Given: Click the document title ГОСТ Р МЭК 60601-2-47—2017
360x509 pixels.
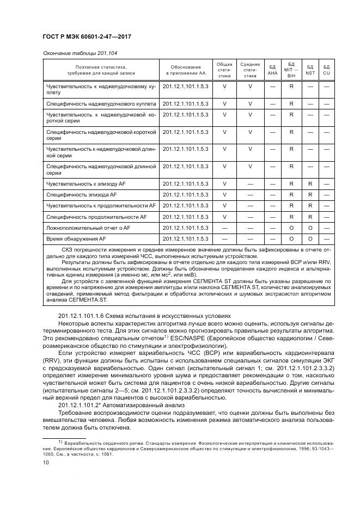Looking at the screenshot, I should (x=86, y=38).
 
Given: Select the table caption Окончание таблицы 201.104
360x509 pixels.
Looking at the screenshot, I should (x=80, y=53).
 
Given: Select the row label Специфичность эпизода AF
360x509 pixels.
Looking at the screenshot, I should (x=81, y=194).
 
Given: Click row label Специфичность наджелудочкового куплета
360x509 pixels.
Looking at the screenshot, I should (x=101, y=103).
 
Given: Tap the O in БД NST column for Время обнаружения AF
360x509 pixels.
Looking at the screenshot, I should (x=310, y=239).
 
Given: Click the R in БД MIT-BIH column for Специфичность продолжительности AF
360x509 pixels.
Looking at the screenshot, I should (x=291, y=217).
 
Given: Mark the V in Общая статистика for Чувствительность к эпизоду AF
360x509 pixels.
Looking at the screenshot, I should (x=224, y=183).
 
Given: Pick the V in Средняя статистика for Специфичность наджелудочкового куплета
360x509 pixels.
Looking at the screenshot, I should (x=250, y=103).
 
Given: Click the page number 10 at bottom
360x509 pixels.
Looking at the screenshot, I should (x=46, y=463).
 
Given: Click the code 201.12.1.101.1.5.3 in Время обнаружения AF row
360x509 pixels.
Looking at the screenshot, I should (x=186, y=239).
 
